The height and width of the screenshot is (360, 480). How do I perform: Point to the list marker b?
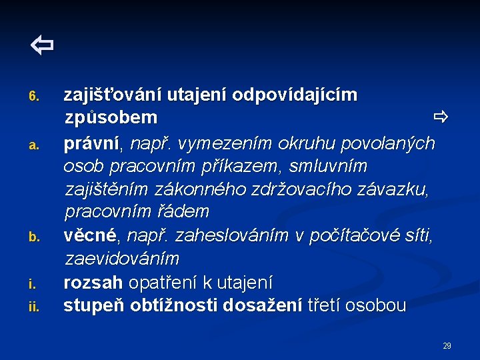[x=35, y=237]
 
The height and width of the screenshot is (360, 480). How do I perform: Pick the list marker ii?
[x=35, y=307]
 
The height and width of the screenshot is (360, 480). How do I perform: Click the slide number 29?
[x=447, y=346]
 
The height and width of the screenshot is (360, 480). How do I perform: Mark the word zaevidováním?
[x=122, y=258]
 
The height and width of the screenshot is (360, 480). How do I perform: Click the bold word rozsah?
[x=93, y=282]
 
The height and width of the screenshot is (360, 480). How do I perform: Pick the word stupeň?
[x=95, y=306]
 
